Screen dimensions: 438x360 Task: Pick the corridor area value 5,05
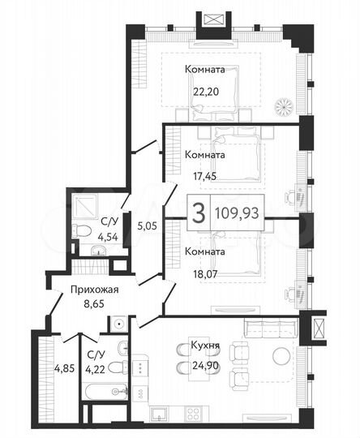coord(145,228)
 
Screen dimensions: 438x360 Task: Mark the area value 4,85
coord(64,367)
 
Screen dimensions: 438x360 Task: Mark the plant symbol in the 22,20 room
coord(283,105)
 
